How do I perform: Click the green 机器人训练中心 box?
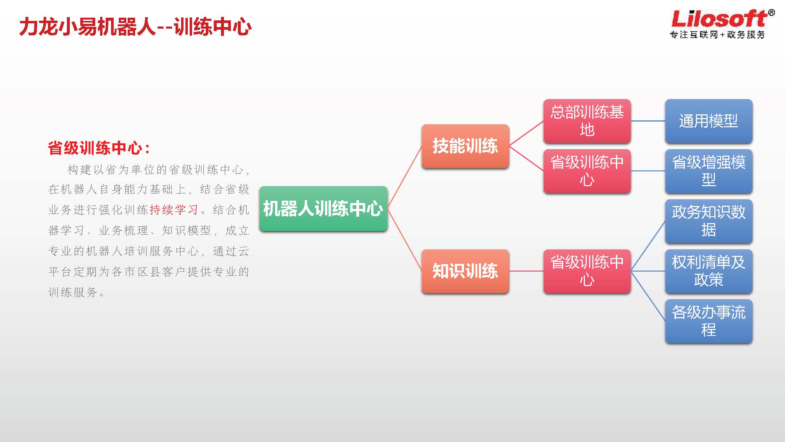pyautogui.click(x=323, y=208)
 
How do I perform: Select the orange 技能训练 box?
pyautogui.click(x=465, y=146)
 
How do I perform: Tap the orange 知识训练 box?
pyautogui.click(x=465, y=271)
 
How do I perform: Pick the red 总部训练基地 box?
pyautogui.click(x=587, y=121)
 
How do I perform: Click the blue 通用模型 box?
pyautogui.click(x=709, y=121)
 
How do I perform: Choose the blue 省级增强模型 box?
pyautogui.click(x=709, y=171)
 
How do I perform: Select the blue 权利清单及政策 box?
pyautogui.click(x=709, y=271)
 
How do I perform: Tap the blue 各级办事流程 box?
pyautogui.click(x=709, y=321)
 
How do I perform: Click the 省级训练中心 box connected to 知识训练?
pyautogui.click(x=587, y=271)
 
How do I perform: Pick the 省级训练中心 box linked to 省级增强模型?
pyautogui.click(x=587, y=171)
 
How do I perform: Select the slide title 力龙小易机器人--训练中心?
pyautogui.click(x=135, y=27)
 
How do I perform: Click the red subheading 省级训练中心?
pyautogui.click(x=99, y=148)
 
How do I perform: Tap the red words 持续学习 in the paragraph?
pyautogui.click(x=174, y=210)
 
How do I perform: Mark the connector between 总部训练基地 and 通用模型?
pyautogui.click(x=648, y=121)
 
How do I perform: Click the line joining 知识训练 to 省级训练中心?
pyautogui.click(x=526, y=271)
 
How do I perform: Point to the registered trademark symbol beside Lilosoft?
pyautogui.click(x=771, y=13)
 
